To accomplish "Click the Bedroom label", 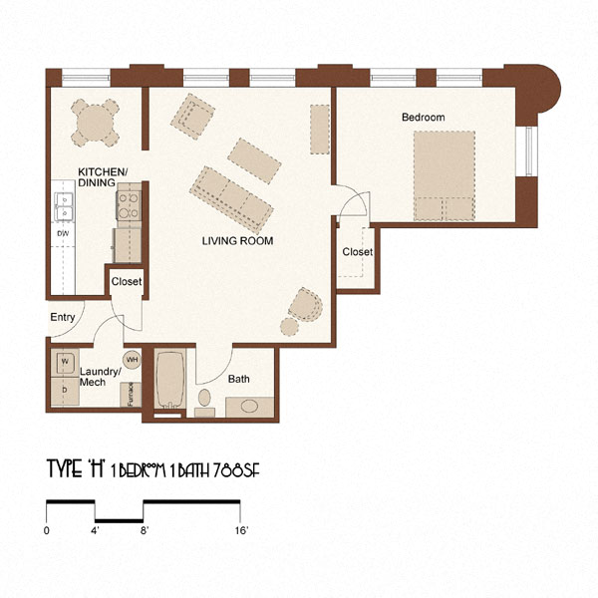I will point(423,118).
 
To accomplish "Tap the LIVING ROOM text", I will point(237,241).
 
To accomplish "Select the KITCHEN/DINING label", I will point(103,177).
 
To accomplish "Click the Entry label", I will point(62,318).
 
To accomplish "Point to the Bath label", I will point(239,380).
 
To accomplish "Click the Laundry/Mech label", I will point(100,377).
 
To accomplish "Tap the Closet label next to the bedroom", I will point(357,252).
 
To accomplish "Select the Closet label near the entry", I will point(126,282).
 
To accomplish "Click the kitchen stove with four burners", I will point(130,206).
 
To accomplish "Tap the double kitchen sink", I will point(65,207).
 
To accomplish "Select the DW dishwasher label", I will point(63,234).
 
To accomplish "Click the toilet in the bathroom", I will point(204,402).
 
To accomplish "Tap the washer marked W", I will point(64,361).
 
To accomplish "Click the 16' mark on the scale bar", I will point(241,531).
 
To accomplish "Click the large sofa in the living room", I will point(232,196).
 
